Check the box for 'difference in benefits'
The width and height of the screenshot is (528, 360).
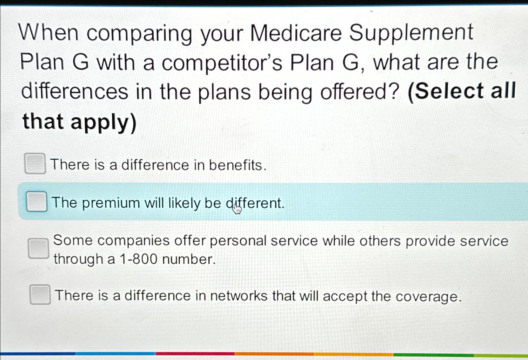click(35, 163)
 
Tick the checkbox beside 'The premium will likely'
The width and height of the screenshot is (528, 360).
click(37, 202)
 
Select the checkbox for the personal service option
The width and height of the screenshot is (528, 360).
click(38, 248)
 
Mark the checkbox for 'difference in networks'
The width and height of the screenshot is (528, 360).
click(40, 295)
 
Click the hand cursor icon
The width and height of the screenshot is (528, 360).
click(237, 209)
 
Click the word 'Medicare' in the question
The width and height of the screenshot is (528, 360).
click(296, 33)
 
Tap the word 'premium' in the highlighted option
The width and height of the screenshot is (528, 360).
click(111, 203)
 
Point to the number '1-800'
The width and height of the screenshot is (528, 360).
click(138, 259)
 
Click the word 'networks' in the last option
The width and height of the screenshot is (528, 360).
click(238, 296)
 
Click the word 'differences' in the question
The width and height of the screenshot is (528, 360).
click(75, 91)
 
